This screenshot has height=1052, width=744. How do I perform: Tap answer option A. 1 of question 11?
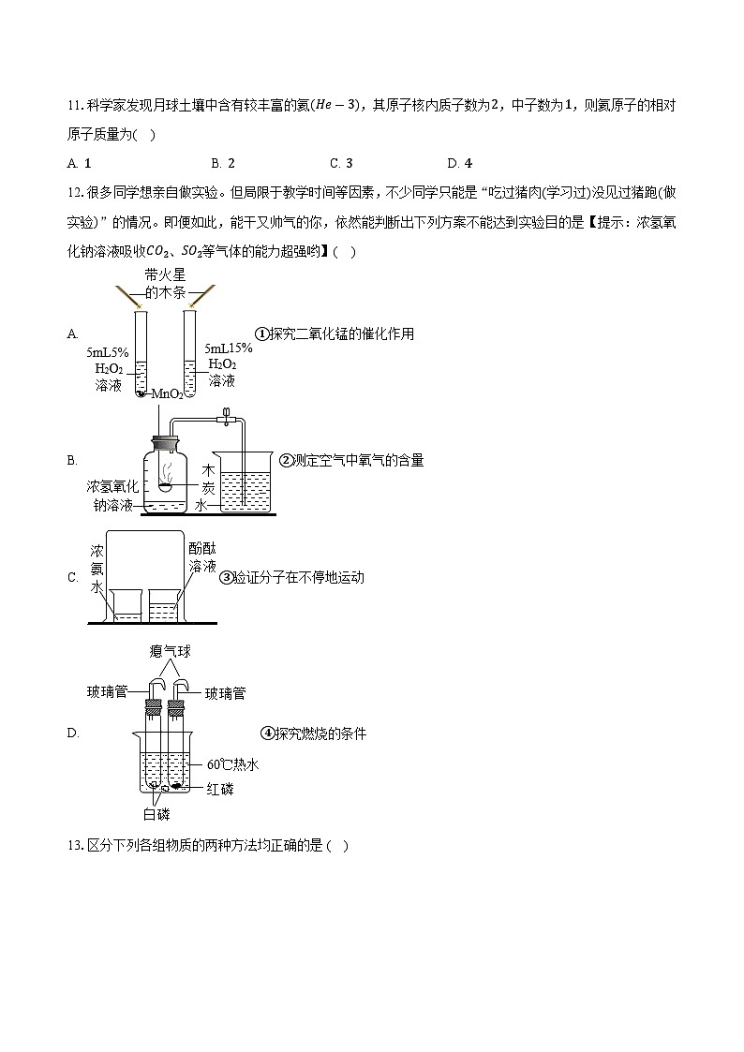[x=79, y=163]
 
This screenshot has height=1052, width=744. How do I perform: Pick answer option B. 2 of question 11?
[x=223, y=163]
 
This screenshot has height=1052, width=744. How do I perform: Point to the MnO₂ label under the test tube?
[x=167, y=394]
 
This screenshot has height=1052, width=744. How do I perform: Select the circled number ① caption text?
[x=335, y=333]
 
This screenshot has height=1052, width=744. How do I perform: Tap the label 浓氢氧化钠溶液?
[x=112, y=496]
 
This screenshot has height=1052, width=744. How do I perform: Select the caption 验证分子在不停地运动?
[x=291, y=578]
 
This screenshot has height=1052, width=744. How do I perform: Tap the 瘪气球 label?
[x=169, y=651]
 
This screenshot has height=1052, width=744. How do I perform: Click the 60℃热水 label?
[x=232, y=764]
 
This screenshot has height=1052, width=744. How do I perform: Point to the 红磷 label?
[x=220, y=789]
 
